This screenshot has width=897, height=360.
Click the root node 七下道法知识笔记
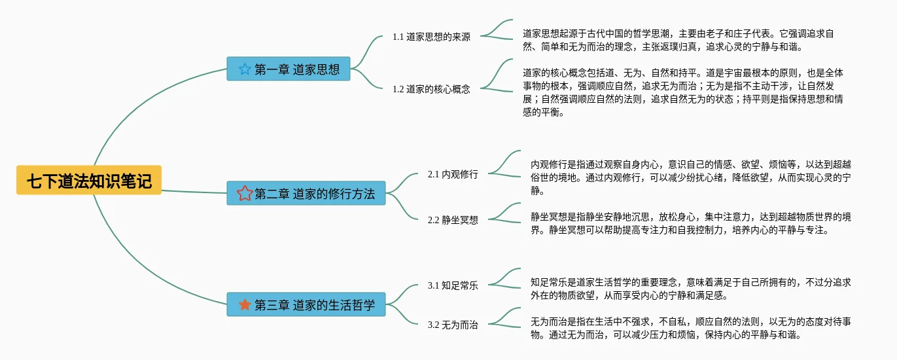pos(89,180)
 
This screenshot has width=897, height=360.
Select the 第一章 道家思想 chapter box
pos(288,69)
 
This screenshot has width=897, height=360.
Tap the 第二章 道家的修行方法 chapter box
pos(306,193)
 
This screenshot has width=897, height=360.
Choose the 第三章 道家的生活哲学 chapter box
pos(306,304)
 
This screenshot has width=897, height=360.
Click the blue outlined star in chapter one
pos(245,69)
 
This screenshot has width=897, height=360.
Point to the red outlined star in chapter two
pos(245,193)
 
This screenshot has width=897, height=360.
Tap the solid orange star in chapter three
pos(245,304)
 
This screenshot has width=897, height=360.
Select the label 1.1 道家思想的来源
pos(431,37)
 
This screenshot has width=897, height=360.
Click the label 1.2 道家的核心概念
pos(431,89)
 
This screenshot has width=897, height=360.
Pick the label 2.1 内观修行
pos(453,174)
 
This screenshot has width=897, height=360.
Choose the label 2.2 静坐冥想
pos(453,220)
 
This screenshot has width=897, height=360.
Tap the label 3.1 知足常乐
pos(453,285)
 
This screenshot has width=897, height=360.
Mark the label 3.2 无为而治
pos(453,325)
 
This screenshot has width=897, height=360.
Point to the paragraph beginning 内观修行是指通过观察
pos(690,177)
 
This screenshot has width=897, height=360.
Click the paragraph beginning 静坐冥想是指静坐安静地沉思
pos(690,223)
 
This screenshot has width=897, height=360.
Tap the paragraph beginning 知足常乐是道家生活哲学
pos(690,289)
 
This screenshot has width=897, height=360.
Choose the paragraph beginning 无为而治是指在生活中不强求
pos(690,328)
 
